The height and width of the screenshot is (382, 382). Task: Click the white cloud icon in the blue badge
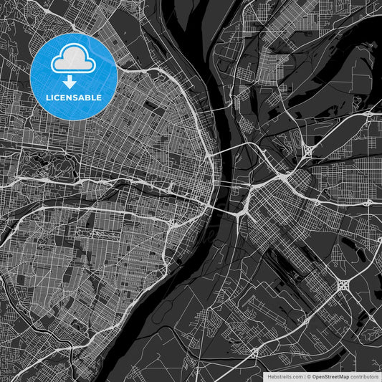pyautogui.click(x=73, y=58)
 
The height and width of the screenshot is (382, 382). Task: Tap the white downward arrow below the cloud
pyautogui.click(x=73, y=82)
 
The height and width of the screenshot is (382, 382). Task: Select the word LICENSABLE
pyautogui.click(x=73, y=97)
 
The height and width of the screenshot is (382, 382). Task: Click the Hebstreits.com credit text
pyautogui.click(x=285, y=376)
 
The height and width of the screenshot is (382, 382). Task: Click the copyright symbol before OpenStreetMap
pyautogui.click(x=310, y=376)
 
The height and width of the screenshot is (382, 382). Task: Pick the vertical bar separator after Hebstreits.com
pyautogui.click(x=305, y=376)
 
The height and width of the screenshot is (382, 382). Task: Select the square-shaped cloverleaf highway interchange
pyautogui.click(x=343, y=285)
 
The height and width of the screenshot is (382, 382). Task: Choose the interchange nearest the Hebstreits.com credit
pyautogui.click(x=254, y=352)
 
